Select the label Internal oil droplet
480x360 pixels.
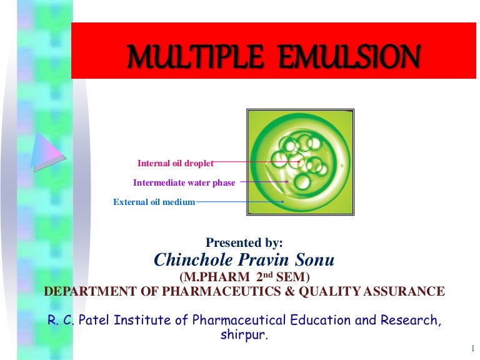[175, 164]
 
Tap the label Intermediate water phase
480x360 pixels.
[184, 183]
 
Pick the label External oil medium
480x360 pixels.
[154, 202]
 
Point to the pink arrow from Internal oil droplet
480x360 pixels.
[256, 162]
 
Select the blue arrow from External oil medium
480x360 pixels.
[241, 202]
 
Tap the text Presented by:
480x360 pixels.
[244, 242]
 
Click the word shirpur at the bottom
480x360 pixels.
[244, 336]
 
